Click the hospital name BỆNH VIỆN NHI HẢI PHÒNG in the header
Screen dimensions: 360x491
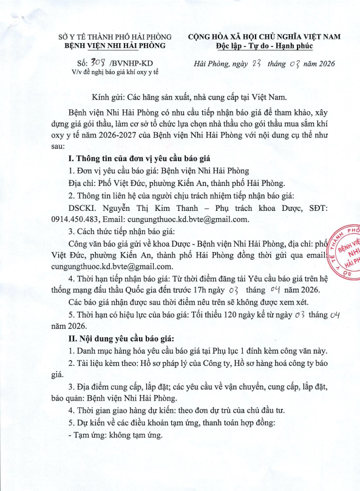pyautogui.click(x=118, y=46)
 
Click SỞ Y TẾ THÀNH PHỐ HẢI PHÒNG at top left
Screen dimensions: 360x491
pyautogui.click(x=118, y=36)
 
